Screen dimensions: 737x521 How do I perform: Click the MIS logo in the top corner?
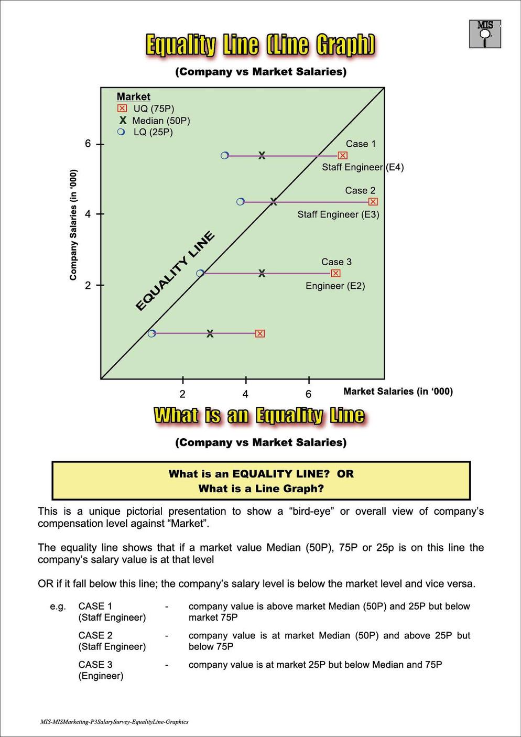pos(485,34)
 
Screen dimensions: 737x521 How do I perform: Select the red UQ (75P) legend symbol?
pos(122,109)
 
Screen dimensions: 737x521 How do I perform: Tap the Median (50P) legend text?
pos(161,121)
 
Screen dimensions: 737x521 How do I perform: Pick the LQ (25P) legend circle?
pos(122,132)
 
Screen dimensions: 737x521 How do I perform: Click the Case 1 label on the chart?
pos(361,144)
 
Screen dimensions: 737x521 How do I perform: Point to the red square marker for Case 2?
pos(373,202)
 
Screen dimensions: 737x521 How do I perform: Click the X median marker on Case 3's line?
pos(262,273)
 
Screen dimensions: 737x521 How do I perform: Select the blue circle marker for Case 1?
pos(225,156)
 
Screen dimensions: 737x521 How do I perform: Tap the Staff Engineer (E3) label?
pos(338,214)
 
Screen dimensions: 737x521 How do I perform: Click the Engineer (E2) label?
pos(335,286)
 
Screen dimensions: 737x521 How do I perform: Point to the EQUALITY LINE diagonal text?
pos(175,271)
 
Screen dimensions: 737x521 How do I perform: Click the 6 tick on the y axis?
pos(88,144)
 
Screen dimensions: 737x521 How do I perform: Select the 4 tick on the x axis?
pos(245,394)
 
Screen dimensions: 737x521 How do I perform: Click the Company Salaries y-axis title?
pos(73,224)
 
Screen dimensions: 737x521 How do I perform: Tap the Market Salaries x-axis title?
pos(398,391)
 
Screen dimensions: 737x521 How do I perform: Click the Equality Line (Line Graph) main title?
pos(260,45)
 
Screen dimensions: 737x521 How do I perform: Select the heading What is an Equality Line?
pos(259,416)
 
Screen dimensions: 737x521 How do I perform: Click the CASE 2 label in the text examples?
pos(95,635)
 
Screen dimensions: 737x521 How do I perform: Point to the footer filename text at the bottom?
pos(114,722)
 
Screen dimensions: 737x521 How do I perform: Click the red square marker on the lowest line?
pos(260,333)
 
